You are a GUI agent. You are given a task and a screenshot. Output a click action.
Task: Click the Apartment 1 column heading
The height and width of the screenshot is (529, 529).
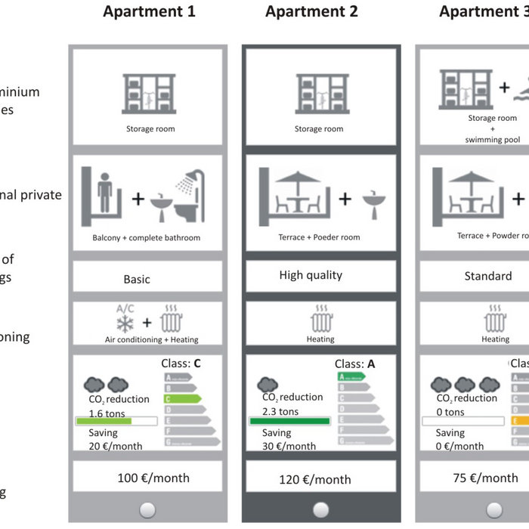click(149, 12)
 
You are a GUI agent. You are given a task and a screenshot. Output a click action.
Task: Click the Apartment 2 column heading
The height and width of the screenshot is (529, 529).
click(311, 12)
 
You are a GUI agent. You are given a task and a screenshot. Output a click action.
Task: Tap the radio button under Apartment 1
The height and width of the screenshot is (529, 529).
click(147, 510)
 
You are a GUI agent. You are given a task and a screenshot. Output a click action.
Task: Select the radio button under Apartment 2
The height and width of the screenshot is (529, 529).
click(321, 510)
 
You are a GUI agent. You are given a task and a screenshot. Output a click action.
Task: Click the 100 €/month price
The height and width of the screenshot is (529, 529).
click(153, 478)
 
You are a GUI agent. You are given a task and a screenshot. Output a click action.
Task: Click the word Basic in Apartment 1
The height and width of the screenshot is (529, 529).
click(137, 279)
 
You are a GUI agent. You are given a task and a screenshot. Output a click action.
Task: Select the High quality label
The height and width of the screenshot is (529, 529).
click(311, 275)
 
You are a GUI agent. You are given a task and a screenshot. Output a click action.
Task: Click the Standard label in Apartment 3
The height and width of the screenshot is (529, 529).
click(487, 276)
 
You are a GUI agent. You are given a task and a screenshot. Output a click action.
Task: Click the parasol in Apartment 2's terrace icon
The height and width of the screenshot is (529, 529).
click(296, 176)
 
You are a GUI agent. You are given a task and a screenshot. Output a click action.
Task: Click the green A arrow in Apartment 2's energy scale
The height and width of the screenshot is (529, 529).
click(351, 376)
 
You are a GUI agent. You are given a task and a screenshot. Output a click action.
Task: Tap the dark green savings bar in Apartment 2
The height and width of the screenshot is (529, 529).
click(289, 421)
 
